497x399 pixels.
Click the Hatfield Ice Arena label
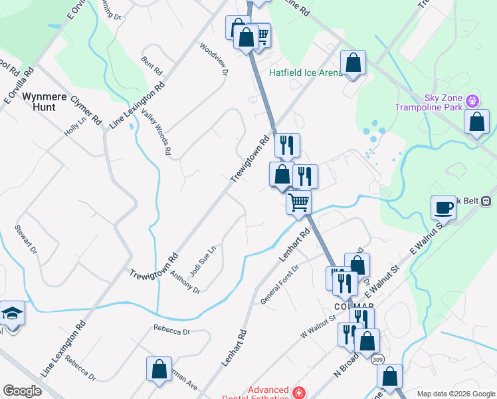coord(306,72)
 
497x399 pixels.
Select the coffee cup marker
coord(444,208)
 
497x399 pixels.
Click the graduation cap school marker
coord(11,313)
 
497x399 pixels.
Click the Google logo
coord(22,391)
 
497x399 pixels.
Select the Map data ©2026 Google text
coord(455,394)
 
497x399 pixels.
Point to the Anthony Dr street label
coord(185,282)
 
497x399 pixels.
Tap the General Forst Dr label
coord(280,285)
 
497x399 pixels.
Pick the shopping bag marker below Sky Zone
coord(476,122)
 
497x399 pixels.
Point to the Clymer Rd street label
coord(86,110)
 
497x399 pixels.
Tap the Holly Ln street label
coord(75,126)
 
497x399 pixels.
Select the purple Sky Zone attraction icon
coord(472,101)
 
